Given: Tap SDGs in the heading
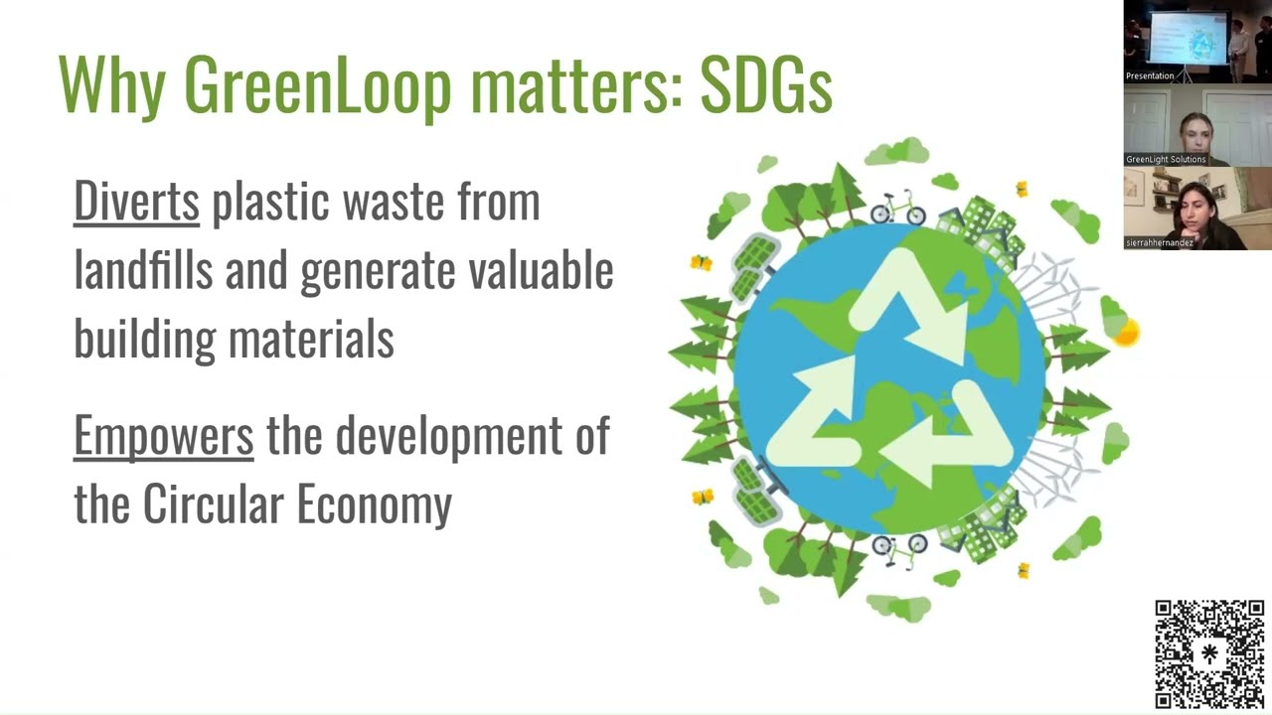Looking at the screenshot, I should pos(765,84).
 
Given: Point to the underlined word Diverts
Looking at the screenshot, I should pos(136,201).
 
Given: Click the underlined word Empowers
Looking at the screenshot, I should pos(163,436).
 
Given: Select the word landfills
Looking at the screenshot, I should pos(143,270).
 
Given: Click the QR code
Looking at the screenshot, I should pos(1209,653).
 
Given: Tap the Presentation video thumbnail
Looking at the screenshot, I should pos(1197,42).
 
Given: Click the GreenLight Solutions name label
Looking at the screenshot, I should pos(1166,159).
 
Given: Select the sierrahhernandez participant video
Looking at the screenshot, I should pos(1197,209).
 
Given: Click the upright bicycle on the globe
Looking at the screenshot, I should pos(897,210).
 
